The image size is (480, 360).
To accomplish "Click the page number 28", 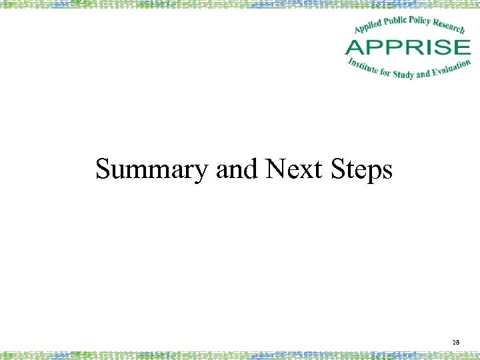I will [456, 342].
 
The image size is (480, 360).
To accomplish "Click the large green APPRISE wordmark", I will [407, 47].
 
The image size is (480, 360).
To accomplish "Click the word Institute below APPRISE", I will [363, 66].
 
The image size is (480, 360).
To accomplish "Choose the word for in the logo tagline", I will [385, 72].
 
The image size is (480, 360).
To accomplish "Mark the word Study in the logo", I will [403, 73].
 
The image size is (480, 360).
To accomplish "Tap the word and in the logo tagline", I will [423, 72].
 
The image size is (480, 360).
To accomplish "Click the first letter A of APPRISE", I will [355, 47].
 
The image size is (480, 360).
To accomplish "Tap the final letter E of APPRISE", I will [462, 47].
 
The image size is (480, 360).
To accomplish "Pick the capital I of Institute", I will [350, 61].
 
